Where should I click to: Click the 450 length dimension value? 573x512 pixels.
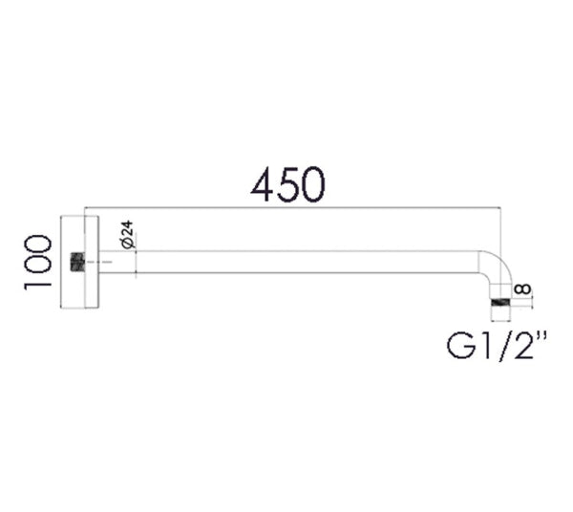tap(287, 184)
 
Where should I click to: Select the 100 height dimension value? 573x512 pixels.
tap(38, 262)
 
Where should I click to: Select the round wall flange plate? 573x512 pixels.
tap(79, 263)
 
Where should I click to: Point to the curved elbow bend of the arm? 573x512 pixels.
tap(490, 267)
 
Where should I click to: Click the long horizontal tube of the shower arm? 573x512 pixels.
tap(286, 263)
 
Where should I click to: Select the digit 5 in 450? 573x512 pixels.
tap(288, 184)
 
